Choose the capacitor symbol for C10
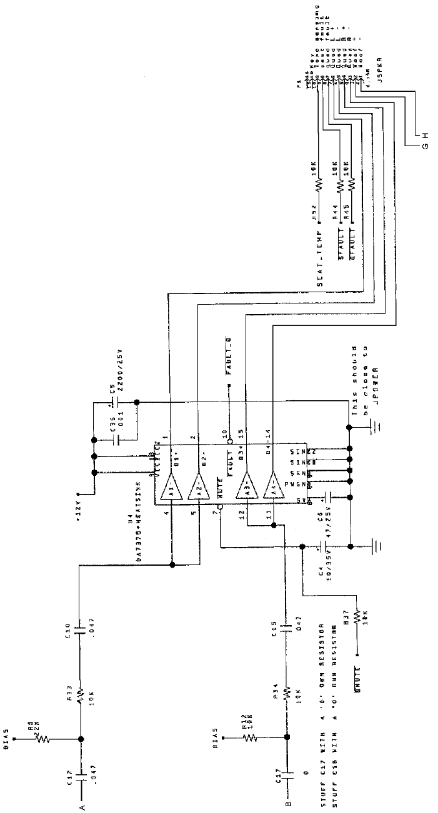click(x=80, y=628)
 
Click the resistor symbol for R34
click(x=286, y=693)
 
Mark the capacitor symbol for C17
click(x=287, y=778)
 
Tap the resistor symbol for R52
click(x=317, y=185)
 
